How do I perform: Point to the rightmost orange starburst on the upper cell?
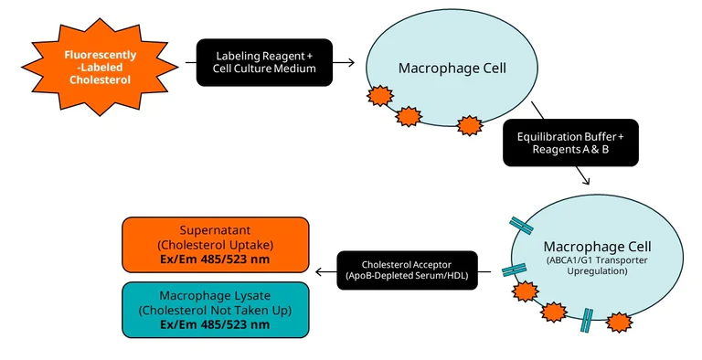click(x=470, y=126)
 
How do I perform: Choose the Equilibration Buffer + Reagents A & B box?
click(x=569, y=143)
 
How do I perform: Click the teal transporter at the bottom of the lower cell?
click(x=586, y=319)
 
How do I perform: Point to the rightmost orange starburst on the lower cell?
click(x=620, y=323)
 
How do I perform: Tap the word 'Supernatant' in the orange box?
click(x=215, y=230)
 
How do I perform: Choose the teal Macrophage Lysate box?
click(x=215, y=310)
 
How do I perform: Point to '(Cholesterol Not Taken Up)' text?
click(x=215, y=311)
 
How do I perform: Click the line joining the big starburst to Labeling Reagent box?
click(x=190, y=63)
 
